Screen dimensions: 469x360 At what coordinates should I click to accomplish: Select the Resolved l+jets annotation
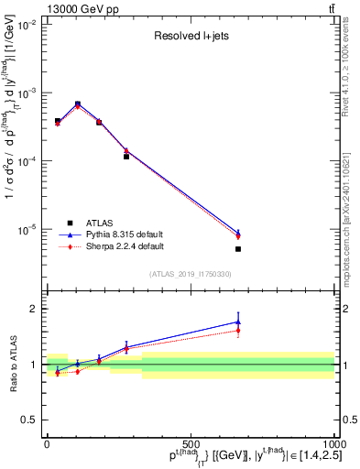point(190,38)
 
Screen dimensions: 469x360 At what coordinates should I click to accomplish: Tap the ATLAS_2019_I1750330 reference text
point(190,274)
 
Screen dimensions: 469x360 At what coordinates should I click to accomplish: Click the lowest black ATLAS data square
point(238,249)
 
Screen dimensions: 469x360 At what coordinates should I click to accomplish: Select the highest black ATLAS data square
point(78,104)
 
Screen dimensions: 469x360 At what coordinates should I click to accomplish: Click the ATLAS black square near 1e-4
point(126,157)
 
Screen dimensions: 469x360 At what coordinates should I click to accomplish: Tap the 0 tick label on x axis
point(47,444)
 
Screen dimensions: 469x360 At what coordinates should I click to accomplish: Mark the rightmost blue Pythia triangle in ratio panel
point(238,322)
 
